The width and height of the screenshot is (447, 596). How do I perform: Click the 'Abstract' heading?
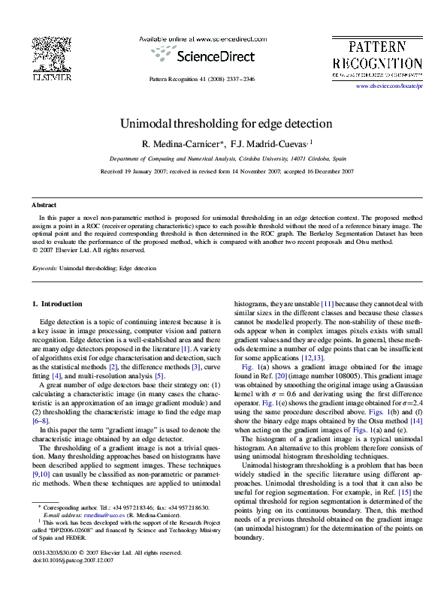[44, 205]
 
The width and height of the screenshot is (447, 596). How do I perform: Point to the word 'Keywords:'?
[44, 268]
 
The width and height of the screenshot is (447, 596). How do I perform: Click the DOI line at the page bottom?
[74, 560]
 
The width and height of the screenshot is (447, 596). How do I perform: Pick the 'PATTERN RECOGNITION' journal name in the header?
[376, 54]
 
